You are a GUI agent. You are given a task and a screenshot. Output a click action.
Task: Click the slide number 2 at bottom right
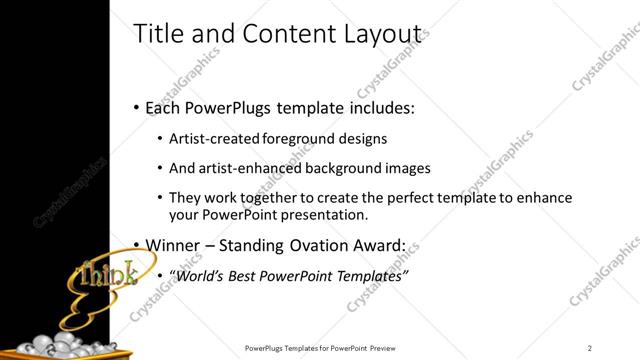click(x=590, y=348)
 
